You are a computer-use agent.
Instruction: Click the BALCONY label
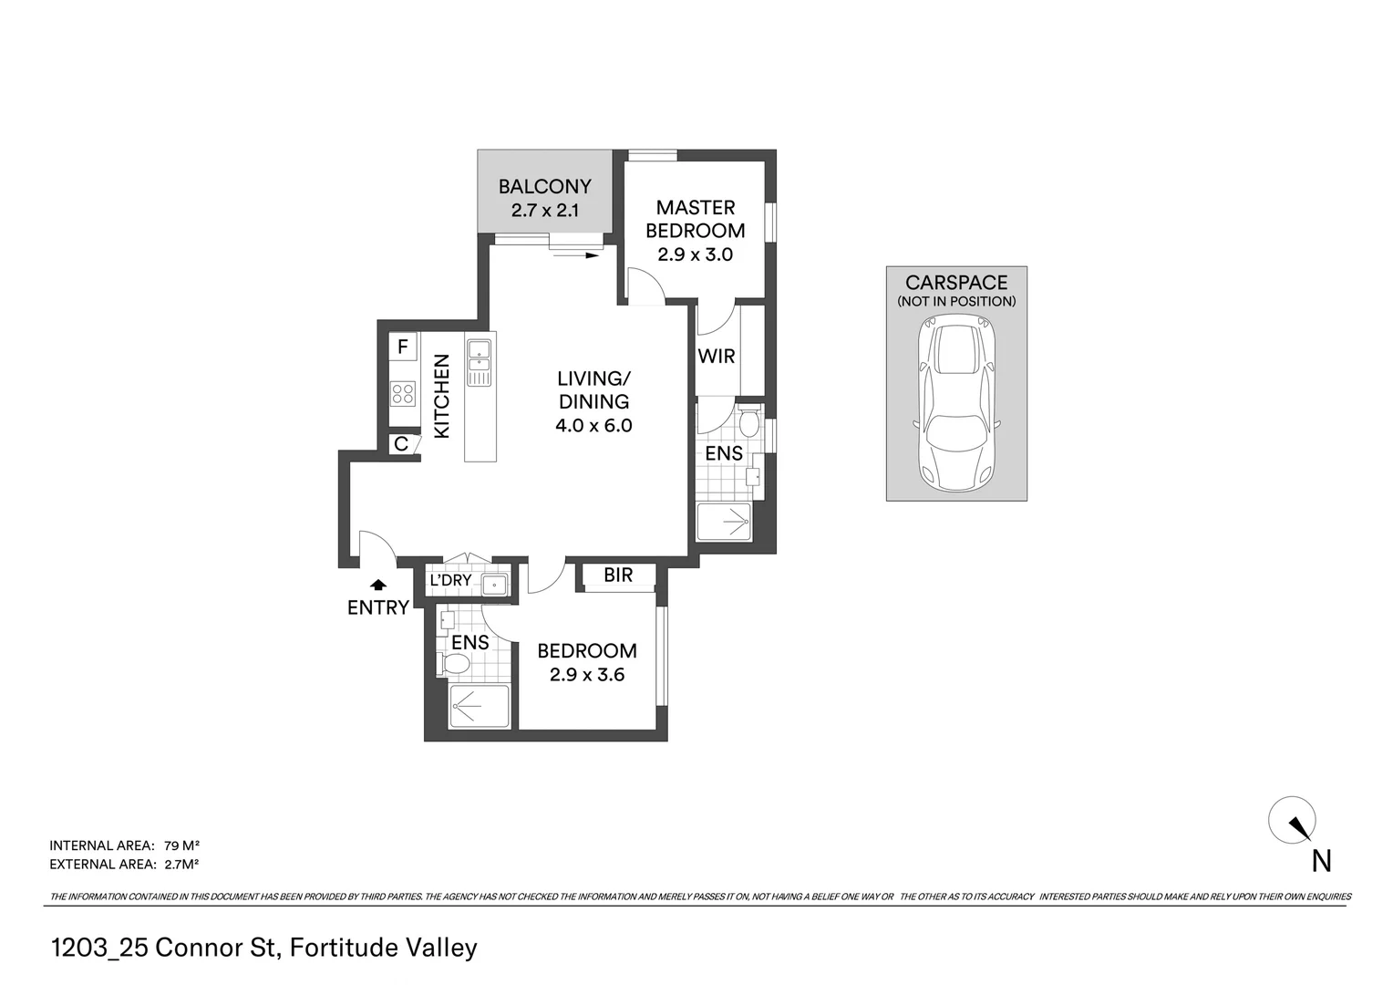coord(544,186)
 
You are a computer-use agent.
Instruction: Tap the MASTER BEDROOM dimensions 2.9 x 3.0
coord(695,254)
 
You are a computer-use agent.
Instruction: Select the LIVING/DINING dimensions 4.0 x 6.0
coord(593,425)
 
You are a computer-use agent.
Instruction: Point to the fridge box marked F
coord(402,347)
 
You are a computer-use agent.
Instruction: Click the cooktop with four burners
coord(402,394)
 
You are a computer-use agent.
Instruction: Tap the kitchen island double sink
coord(479,362)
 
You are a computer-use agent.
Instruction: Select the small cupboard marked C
coord(401,445)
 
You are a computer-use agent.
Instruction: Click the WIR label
coord(716,357)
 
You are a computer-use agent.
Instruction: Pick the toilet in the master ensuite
coord(748,422)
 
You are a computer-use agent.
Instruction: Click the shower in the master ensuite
coord(724,523)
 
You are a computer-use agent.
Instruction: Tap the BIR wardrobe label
coord(618,575)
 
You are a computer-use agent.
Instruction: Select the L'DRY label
coord(450,580)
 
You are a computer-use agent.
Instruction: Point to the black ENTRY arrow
coord(377,585)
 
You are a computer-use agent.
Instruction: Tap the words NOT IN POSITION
coord(956,302)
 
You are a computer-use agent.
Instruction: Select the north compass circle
coord(1292,820)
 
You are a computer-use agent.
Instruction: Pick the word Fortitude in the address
coord(347,948)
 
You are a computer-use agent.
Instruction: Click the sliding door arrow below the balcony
coord(576,255)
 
